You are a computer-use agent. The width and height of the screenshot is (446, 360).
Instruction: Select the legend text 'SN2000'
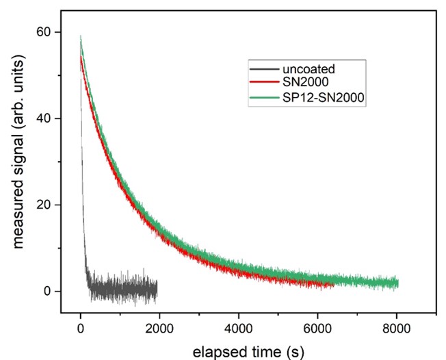pos(302,83)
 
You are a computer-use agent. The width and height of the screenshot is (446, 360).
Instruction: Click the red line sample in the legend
pos(263,83)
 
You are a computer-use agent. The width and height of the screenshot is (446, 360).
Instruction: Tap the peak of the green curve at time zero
pos(81,37)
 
